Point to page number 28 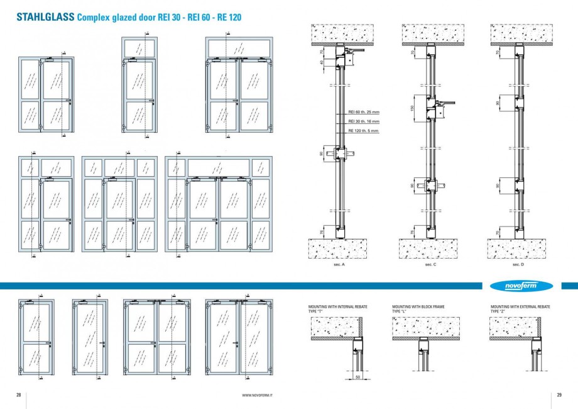(x=19, y=395)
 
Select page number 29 (x=559, y=395)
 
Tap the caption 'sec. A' (x=341, y=266)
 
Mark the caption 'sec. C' (x=430, y=266)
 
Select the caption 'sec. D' (x=518, y=266)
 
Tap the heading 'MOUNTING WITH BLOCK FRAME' (x=418, y=306)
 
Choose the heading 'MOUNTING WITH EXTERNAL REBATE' (x=520, y=306)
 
